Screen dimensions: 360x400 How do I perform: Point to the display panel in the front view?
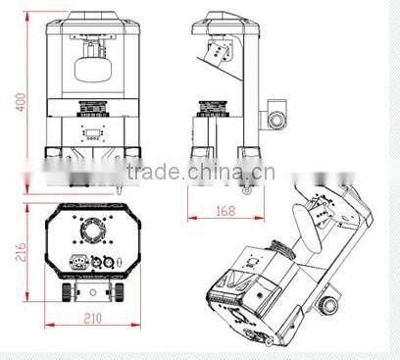93,135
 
